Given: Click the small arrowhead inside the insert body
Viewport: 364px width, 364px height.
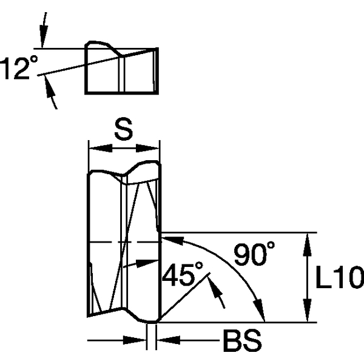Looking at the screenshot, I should [145, 261].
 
